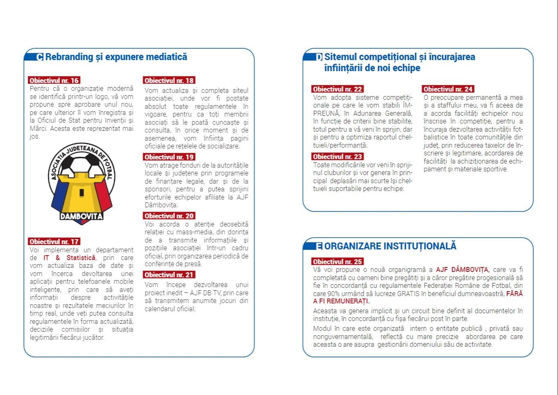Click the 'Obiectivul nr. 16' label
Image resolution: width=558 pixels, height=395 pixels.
54,81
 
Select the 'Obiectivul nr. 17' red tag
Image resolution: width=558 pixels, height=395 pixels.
54,242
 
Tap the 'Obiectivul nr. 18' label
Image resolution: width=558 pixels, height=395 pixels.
169,81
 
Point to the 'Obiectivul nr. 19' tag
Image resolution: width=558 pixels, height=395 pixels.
169,157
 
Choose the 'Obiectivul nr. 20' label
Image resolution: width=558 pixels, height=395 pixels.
169,216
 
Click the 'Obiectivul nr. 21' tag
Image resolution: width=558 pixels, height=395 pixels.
169,275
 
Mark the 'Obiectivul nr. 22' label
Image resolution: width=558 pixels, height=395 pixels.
337,89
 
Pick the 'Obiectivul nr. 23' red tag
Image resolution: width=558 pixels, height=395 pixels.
337,157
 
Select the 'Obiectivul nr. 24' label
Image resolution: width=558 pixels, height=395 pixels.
448,89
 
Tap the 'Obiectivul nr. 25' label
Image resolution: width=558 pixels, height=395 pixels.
337,262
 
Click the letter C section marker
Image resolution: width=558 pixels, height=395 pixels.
40,57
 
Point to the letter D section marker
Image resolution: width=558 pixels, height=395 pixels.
319,57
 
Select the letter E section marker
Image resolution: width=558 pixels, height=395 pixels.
319,246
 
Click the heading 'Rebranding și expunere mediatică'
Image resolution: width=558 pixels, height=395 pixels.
116,57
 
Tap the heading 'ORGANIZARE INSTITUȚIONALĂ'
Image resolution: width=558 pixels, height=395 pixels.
390,246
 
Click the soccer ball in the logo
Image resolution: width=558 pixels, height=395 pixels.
81,164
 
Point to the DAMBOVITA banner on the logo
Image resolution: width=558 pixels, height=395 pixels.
81,216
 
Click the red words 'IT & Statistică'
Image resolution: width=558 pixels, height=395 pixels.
70,258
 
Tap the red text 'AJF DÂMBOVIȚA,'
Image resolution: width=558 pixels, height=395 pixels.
463,270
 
